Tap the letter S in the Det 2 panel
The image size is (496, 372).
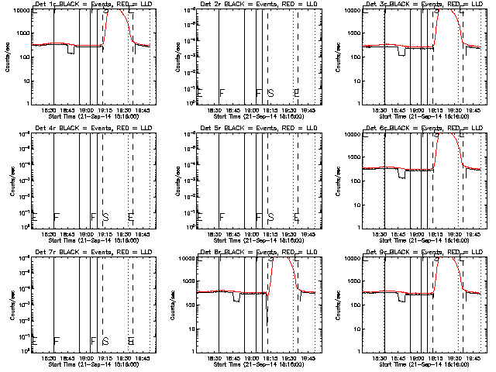270,92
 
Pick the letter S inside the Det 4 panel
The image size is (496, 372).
105,216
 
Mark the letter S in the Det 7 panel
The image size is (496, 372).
105,340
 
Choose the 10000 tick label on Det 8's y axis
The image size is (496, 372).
187,259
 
